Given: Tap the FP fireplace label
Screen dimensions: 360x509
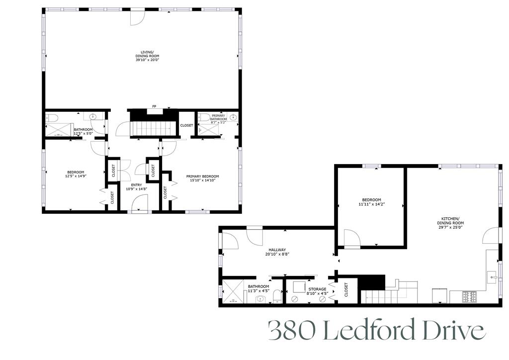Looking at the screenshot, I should (154, 106).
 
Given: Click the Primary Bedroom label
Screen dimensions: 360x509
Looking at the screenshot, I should (202, 176).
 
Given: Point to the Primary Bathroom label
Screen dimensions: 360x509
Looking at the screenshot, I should (219, 117).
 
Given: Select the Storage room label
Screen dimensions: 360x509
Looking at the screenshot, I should (317, 289).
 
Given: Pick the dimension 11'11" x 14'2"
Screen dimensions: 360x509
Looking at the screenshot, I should (371, 204).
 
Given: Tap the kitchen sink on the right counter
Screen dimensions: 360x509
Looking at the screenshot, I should (493, 275).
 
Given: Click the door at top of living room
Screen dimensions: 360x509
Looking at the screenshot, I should (137, 17).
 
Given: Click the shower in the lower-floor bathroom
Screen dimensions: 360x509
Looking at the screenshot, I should (231, 292).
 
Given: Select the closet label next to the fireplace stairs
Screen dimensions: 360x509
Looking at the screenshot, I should (186, 125).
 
